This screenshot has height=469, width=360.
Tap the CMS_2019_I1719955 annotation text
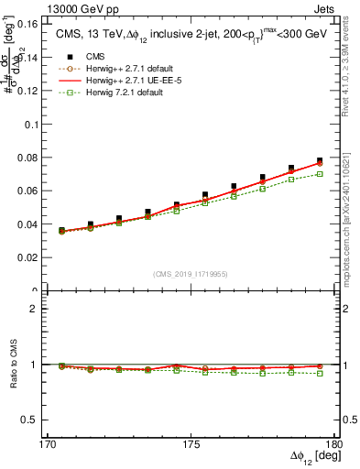191,273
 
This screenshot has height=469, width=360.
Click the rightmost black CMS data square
320,161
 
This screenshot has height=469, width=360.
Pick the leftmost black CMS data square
61,230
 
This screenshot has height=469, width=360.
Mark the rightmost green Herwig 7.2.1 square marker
320,174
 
